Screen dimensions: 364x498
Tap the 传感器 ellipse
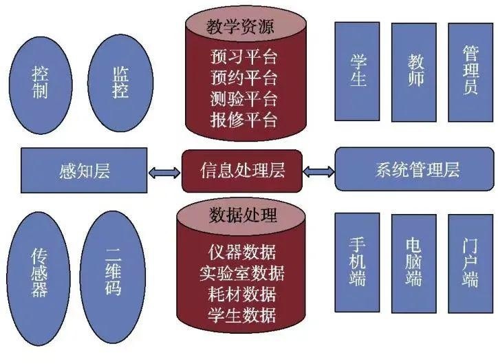coord(40,272)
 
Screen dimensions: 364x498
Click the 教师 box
coord(414,72)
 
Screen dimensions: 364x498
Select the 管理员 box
coord(470,72)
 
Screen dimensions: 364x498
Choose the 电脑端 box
coord(414,264)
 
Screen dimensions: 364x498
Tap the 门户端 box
coord(470,264)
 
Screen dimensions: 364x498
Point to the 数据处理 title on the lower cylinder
coord(242,215)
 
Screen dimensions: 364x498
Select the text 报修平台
coord(243,119)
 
